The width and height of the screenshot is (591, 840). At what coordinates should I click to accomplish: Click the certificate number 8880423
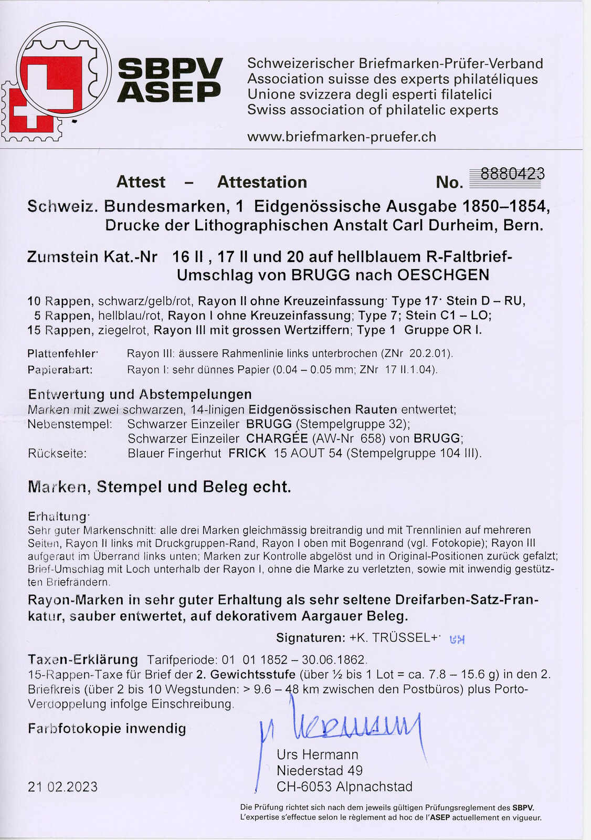pyautogui.click(x=512, y=174)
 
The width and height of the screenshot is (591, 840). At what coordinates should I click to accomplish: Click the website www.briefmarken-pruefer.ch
pyautogui.click(x=342, y=137)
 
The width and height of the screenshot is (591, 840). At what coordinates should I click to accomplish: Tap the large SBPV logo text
pyautogui.click(x=170, y=69)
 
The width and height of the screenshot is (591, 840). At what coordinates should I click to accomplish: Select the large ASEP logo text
pyautogui.click(x=169, y=92)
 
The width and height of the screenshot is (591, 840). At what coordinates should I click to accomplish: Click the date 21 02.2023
pyautogui.click(x=62, y=786)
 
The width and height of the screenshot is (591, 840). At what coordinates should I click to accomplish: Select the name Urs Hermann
pyautogui.click(x=318, y=754)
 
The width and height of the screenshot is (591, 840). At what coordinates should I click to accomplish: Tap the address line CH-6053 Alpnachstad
pyautogui.click(x=344, y=786)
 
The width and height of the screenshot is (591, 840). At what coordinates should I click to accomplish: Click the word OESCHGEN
pyautogui.click(x=443, y=275)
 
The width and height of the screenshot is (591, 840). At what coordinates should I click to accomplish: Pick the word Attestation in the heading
pyautogui.click(x=262, y=182)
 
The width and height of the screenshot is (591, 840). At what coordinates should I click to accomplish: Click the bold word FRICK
pyautogui.click(x=247, y=453)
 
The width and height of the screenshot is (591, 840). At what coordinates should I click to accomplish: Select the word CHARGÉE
pyautogui.click(x=277, y=438)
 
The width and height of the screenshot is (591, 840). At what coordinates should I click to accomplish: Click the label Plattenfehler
pyautogui.click(x=62, y=353)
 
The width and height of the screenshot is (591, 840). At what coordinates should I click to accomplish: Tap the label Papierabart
pyautogui.click(x=60, y=370)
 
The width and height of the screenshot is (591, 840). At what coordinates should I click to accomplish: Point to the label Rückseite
pyautogui.click(x=57, y=453)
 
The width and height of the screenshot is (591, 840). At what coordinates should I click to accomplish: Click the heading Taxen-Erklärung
pyautogui.click(x=82, y=659)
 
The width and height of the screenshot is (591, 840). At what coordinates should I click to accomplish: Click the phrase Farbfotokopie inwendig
pyautogui.click(x=107, y=728)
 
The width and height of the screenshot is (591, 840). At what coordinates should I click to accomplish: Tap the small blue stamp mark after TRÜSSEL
pyautogui.click(x=458, y=639)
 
